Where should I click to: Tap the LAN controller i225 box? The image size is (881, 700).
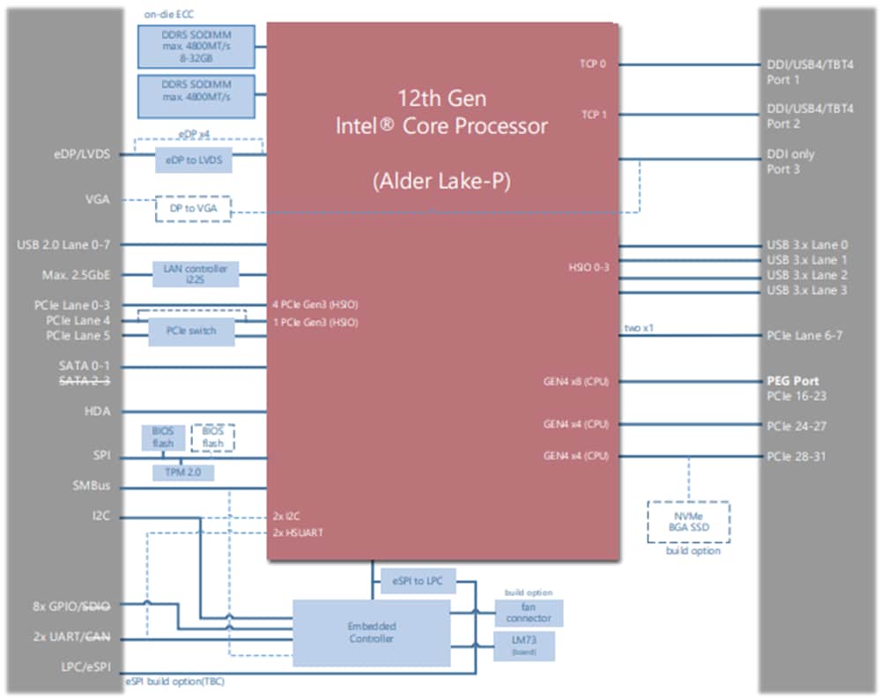[x=195, y=274]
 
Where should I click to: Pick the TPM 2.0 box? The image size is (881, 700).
[x=182, y=473]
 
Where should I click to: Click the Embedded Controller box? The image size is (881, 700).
[x=371, y=632]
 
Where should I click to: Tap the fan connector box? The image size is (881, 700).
[x=529, y=613]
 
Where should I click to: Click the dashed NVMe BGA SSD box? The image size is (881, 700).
[x=688, y=521]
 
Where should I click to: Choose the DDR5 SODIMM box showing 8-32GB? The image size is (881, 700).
[x=196, y=47]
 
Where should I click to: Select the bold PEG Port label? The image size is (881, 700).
[x=793, y=382]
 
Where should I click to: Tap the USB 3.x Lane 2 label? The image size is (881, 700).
[x=807, y=275]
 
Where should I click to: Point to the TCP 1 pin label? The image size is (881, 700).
[x=593, y=115]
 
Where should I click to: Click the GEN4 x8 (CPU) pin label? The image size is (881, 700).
[x=576, y=382]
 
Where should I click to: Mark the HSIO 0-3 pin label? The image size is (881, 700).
[x=589, y=266]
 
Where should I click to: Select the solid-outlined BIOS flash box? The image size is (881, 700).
[x=162, y=437]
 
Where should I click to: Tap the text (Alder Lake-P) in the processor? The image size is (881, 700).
[x=441, y=182]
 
